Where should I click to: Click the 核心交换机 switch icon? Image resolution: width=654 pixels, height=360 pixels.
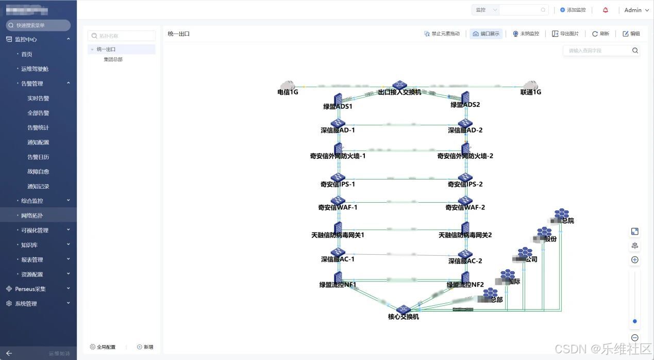point(403,309)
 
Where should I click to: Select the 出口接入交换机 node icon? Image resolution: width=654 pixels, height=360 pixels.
point(399,85)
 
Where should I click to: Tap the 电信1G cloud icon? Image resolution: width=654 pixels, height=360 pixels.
point(287,85)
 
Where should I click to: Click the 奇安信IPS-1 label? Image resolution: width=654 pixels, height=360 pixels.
point(338,184)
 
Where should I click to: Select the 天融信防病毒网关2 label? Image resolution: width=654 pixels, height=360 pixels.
point(465,235)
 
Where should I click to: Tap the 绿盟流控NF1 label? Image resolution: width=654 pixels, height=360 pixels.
point(338,285)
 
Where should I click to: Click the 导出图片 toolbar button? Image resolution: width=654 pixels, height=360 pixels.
point(565,34)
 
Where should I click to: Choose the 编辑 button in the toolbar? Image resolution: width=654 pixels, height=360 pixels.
point(631,34)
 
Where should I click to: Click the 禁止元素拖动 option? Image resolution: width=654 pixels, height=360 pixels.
point(442,34)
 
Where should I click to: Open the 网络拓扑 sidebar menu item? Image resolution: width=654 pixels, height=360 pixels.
point(32,216)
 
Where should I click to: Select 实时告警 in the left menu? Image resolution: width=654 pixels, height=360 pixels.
point(38,98)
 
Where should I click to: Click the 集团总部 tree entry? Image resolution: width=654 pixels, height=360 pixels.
point(113,59)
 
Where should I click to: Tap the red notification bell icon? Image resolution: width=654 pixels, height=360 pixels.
point(606,10)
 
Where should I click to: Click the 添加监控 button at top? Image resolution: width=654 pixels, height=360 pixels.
point(573,10)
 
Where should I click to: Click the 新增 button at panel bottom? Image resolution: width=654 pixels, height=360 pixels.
point(145,347)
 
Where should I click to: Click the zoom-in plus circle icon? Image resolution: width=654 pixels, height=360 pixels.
point(635,260)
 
